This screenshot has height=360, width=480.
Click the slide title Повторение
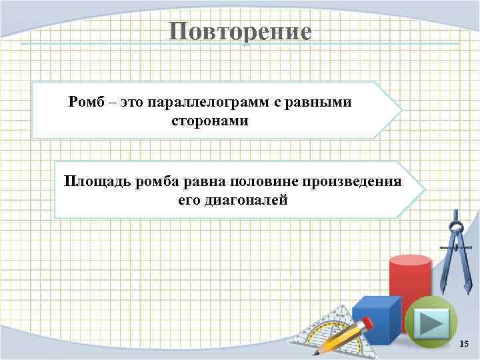click(239, 31)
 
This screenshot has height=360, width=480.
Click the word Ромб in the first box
click(83, 103)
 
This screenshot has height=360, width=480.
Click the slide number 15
click(465, 343)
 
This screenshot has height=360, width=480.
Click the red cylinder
click(409, 280)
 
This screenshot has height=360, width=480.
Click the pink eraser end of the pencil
click(367, 323)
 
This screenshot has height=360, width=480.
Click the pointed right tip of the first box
click(401, 109)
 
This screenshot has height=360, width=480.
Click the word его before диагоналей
click(188, 201)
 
